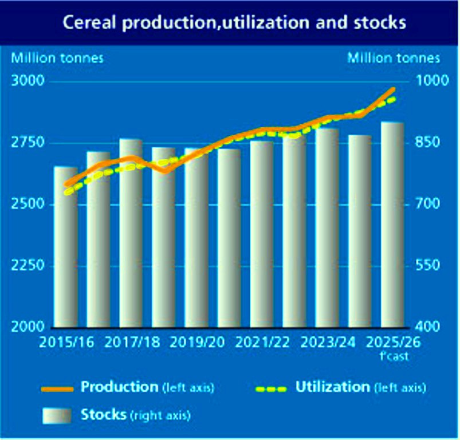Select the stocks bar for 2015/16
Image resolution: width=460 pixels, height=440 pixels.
65,246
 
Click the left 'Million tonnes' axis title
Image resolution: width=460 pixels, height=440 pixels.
58,58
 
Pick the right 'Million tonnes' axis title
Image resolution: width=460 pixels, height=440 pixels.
394,58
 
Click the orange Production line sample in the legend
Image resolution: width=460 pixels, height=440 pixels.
58,389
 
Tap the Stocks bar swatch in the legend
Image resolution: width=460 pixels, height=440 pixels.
57,415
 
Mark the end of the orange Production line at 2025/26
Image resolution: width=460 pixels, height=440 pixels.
392,89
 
